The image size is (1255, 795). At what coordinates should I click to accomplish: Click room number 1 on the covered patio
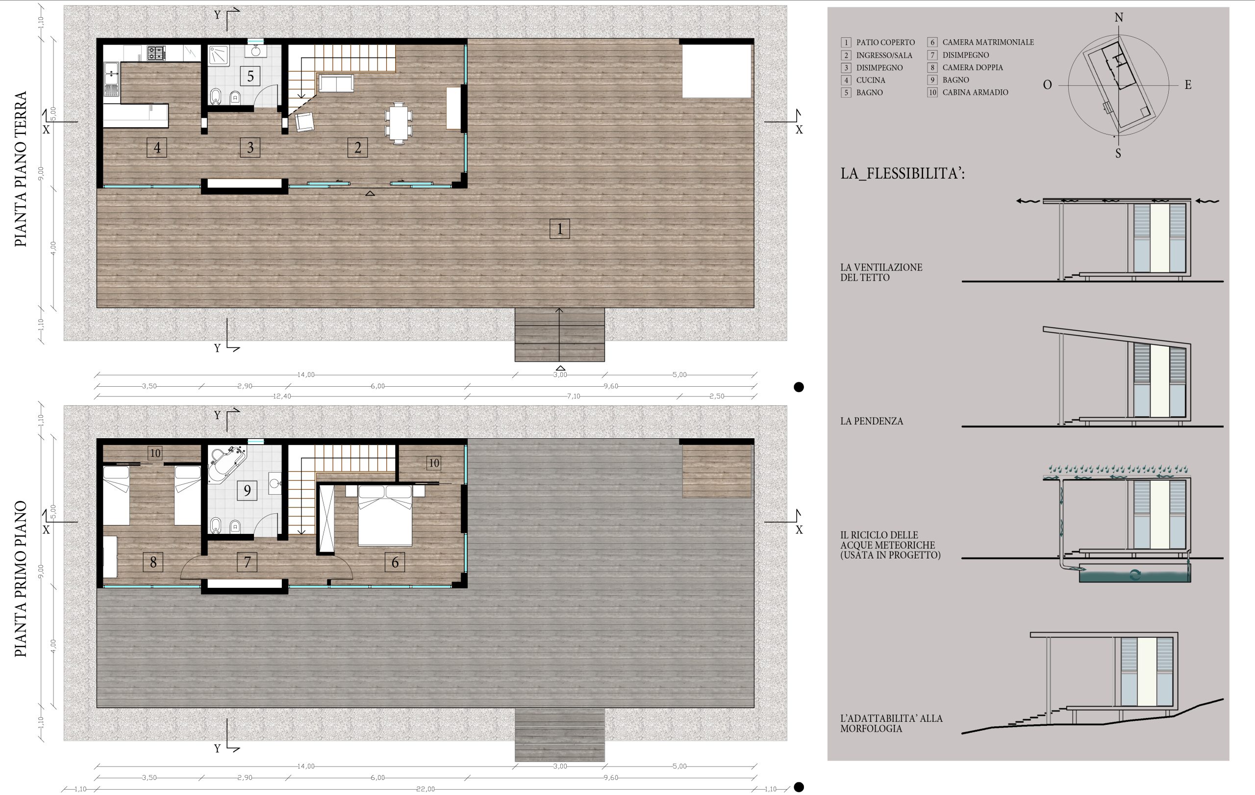559,229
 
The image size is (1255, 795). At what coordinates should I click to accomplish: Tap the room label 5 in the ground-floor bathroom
250,76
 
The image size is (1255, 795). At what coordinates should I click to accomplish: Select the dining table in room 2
398,123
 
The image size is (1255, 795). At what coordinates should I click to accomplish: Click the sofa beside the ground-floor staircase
336,83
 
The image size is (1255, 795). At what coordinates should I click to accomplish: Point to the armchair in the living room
304,122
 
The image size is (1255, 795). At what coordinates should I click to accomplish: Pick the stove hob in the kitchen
156,53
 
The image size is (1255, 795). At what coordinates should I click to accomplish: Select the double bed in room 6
385,515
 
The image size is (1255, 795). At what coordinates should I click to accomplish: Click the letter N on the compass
1118,18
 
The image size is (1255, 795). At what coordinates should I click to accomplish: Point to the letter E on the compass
1188,84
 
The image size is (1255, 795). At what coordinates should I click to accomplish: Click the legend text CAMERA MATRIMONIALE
988,42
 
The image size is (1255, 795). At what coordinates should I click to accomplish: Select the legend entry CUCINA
870,80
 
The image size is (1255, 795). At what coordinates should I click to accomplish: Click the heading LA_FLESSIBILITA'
902,173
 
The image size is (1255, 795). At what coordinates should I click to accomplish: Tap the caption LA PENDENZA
872,421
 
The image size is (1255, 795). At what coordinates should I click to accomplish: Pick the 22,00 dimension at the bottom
426,789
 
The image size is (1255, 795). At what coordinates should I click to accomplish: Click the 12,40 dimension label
282,397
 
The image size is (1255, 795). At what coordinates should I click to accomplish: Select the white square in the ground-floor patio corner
717,71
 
